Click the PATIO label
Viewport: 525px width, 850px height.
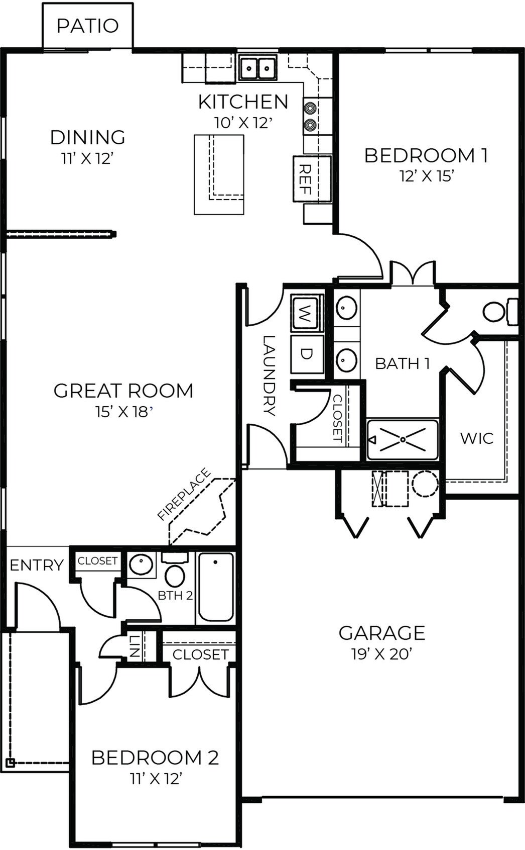coord(87,26)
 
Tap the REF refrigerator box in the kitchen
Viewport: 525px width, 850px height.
coord(312,179)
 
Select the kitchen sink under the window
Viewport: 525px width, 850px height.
coord(258,67)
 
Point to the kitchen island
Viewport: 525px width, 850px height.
coord(219,174)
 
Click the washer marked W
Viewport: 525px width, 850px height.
coord(306,313)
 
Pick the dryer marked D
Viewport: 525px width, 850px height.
coord(306,354)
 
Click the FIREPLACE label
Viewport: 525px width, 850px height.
coord(183,494)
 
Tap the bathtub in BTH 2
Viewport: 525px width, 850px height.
coord(216,587)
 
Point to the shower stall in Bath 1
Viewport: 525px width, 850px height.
coord(403,439)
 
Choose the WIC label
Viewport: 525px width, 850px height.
coord(476,438)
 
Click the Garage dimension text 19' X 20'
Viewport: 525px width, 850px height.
coord(381,654)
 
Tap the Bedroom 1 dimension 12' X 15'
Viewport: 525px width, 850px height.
coord(426,176)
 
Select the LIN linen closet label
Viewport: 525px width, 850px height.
coord(134,646)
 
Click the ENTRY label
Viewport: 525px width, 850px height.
coord(37,565)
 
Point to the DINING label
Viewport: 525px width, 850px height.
coord(87,137)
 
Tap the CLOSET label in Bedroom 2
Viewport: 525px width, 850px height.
coord(200,654)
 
